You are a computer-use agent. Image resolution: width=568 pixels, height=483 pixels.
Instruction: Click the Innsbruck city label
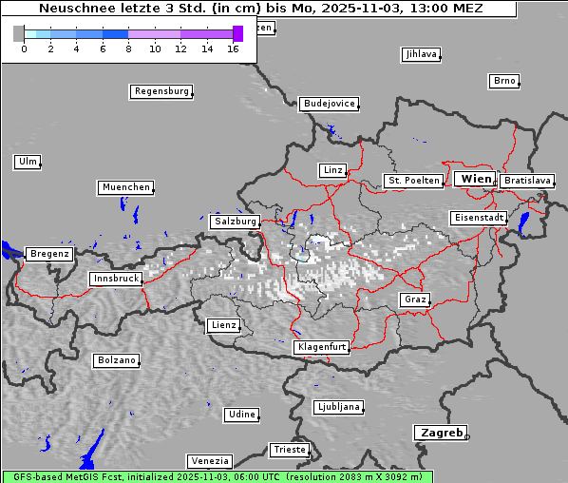[x=116, y=279]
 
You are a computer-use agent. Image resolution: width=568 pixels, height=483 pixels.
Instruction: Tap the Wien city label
[x=476, y=179]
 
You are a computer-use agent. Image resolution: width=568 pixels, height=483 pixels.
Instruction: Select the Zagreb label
[x=440, y=433]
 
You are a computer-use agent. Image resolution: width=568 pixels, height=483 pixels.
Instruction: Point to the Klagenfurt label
[x=321, y=347]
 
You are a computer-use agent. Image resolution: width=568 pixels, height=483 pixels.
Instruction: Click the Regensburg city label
[x=161, y=91]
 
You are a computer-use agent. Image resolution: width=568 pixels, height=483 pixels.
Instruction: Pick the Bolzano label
[x=116, y=360]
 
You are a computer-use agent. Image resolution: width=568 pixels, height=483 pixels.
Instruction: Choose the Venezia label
[x=208, y=460]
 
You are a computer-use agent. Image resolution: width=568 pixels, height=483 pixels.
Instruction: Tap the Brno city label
[x=503, y=81]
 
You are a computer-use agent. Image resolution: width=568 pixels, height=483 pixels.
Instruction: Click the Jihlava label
[x=420, y=54]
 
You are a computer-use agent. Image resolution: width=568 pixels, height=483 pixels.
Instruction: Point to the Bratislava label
[x=526, y=180]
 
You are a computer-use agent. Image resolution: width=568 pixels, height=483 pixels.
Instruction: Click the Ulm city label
[x=27, y=162]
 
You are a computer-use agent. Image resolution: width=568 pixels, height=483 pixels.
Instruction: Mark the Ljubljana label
[x=338, y=407]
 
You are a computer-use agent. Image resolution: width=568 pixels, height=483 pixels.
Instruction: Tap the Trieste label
[x=289, y=449]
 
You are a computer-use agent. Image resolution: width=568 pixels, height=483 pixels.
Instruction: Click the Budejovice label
[x=329, y=103]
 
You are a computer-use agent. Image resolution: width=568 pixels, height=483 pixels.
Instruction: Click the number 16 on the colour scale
[x=234, y=48]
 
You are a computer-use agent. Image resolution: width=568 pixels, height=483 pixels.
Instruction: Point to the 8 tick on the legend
[x=128, y=48]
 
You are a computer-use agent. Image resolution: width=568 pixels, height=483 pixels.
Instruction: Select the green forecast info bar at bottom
[x=217, y=476]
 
